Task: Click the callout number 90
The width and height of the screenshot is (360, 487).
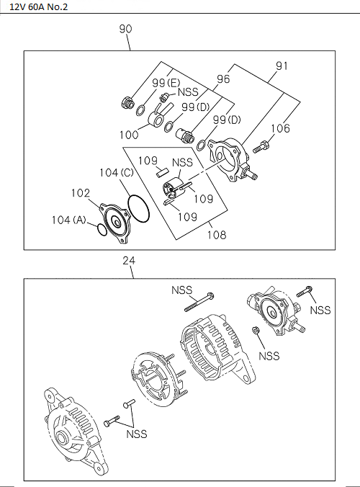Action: [126, 30]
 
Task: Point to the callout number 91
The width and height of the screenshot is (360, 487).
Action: [282, 67]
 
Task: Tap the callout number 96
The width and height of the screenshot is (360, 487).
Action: [223, 79]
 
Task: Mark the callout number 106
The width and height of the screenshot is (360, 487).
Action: [281, 128]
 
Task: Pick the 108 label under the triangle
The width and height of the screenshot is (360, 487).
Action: [217, 234]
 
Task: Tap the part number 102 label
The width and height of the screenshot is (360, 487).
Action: [81, 193]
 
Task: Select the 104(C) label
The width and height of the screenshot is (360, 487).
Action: [117, 173]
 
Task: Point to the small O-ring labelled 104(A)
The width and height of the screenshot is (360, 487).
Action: [102, 230]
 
